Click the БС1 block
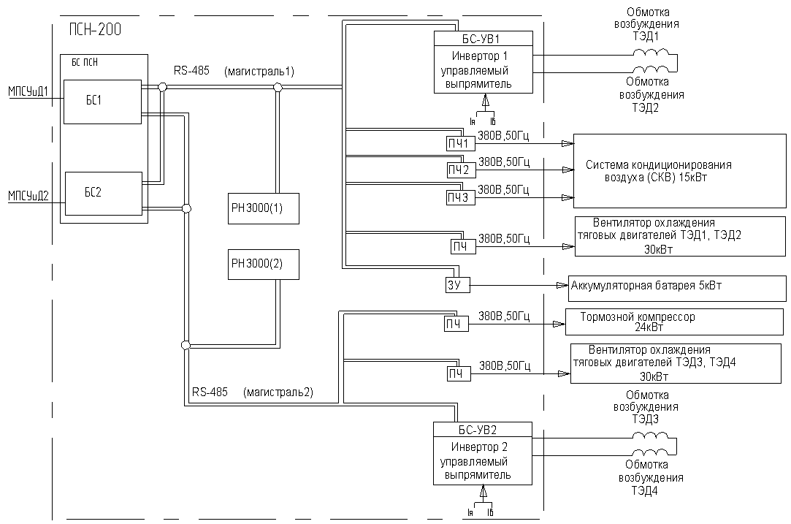tap(102, 102)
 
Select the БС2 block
tap(104, 194)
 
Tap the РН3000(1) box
tap(264, 208)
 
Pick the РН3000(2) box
tap(264, 264)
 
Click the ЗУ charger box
tap(456, 285)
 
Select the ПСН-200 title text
tap(96, 30)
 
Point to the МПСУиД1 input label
tap(28, 91)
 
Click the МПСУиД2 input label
tap(28, 196)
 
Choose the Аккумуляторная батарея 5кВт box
tap(678, 288)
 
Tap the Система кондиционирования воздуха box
tap(679, 170)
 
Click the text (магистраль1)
tap(259, 72)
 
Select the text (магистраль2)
tap(278, 392)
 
